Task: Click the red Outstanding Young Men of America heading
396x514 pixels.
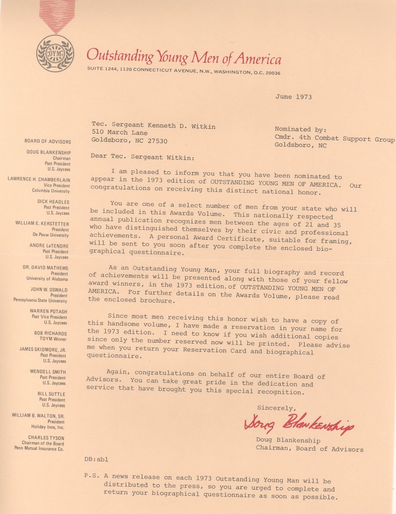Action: (x=184, y=57)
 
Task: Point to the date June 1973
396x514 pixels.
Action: (x=293, y=97)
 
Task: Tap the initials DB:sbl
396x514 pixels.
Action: (x=97, y=460)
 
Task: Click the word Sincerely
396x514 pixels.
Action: (x=276, y=408)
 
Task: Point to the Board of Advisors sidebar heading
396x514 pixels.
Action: (x=48, y=142)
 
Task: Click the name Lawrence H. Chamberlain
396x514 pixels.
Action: (x=39, y=179)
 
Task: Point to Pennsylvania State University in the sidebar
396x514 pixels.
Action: (x=40, y=301)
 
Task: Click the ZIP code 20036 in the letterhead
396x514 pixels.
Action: (x=270, y=73)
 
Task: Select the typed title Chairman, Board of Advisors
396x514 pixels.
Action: (x=309, y=449)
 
